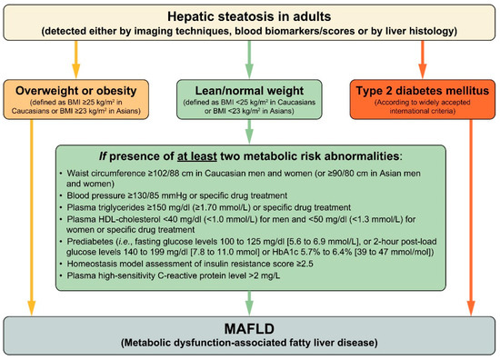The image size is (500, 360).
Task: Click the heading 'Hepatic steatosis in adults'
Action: tap(249, 16)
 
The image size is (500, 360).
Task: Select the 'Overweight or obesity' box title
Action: tap(75, 91)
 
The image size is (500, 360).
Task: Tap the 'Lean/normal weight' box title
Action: tap(249, 91)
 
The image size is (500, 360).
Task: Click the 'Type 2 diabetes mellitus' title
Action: tap(423, 91)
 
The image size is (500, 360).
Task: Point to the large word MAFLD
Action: tap(249, 329)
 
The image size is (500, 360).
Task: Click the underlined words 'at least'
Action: tap(197, 156)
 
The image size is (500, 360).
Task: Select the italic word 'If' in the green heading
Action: tap(103, 156)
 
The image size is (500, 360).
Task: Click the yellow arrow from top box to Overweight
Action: tap(75, 60)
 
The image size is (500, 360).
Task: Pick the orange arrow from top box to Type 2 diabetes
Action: tap(423, 60)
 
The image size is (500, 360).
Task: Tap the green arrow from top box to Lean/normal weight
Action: tap(249, 60)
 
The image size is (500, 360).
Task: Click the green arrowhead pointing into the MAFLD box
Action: tap(249, 308)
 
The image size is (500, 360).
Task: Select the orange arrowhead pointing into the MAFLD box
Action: tap(471, 308)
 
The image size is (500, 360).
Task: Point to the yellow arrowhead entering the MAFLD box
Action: tap(31, 308)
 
